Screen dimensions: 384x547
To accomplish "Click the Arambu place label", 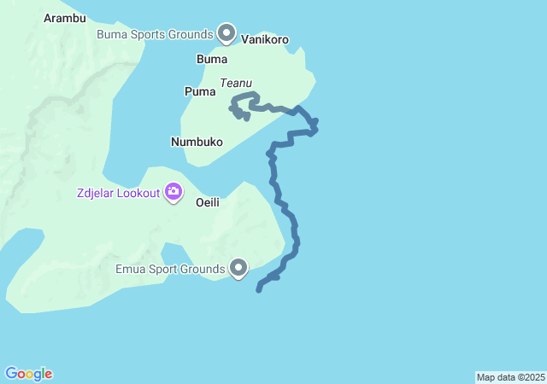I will click(x=64, y=18).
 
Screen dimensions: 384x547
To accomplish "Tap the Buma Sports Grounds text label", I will click(x=155, y=34).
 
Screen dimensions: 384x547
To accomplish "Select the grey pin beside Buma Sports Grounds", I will click(x=226, y=32).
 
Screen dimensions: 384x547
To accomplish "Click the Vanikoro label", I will click(x=265, y=39).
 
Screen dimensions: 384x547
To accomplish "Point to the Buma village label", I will click(x=212, y=60).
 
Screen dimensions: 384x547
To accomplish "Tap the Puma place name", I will click(x=199, y=91).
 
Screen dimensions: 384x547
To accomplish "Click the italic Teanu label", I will click(x=236, y=83).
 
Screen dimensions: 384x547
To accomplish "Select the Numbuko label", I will click(x=197, y=142).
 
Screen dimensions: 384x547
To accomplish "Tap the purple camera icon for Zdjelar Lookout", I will click(x=174, y=191).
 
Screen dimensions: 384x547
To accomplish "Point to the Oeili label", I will click(x=209, y=203).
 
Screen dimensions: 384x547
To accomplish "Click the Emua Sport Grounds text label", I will click(x=170, y=270).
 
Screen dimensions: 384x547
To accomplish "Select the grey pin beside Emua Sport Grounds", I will click(x=239, y=268).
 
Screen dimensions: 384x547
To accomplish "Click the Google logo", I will click(x=28, y=374).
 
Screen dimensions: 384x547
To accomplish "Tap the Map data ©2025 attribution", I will click(x=510, y=377).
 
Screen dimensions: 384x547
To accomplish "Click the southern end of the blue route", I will click(x=259, y=290).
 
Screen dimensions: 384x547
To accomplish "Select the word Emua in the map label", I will click(x=131, y=270).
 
